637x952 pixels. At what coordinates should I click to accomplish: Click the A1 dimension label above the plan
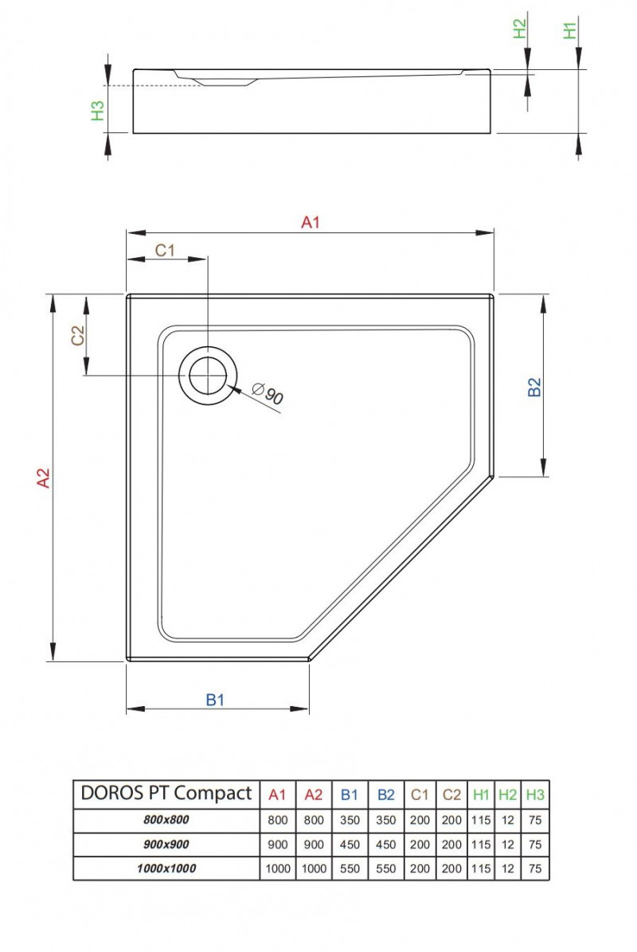[x=310, y=223]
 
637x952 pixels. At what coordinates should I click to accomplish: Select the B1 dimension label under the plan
[x=216, y=700]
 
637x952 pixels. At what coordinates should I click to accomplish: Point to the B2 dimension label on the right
[x=535, y=387]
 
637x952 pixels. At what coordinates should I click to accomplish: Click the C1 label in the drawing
[x=165, y=251]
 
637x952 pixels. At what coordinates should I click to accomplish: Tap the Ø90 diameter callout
[x=268, y=394]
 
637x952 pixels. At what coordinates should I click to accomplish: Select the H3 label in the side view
[x=98, y=111]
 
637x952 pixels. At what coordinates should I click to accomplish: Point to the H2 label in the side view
[x=519, y=29]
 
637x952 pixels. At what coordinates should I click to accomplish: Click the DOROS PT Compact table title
[x=166, y=793]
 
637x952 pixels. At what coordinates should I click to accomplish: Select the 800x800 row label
[x=166, y=820]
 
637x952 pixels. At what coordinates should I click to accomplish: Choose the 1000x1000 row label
[x=166, y=868]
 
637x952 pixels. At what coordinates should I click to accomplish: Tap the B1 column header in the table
[x=350, y=794]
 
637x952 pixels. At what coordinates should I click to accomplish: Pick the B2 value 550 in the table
[x=386, y=868]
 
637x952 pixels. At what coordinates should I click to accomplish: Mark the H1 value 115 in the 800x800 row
[x=481, y=820]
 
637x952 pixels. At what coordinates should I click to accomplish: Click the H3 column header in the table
[x=535, y=794]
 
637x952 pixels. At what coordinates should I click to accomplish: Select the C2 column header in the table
[x=451, y=794]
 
